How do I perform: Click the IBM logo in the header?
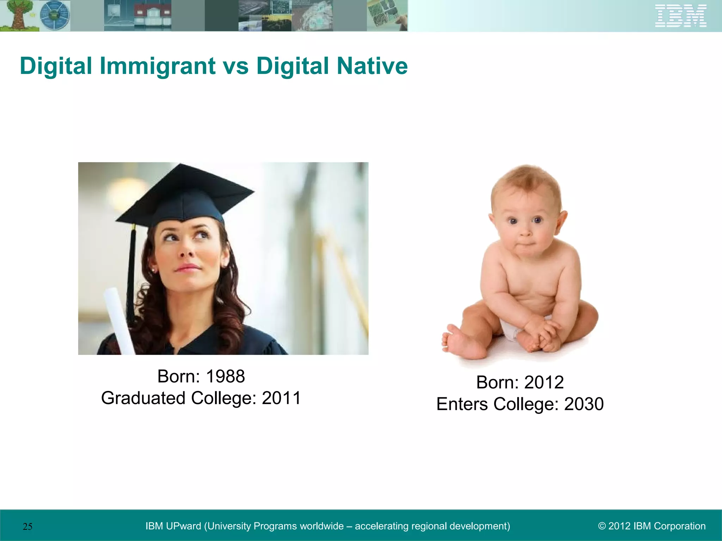681,16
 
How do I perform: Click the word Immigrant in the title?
158,66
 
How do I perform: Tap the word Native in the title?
372,66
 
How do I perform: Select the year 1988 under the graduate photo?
225,377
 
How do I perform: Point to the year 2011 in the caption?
281,398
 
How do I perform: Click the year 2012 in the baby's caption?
544,383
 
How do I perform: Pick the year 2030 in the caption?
584,404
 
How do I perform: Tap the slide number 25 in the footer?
27,527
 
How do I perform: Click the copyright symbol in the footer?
602,526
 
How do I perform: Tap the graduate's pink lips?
187,268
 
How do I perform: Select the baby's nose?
525,232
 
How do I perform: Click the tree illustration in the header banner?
18,15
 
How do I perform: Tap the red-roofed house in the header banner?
152,16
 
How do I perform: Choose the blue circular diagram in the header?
55,15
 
